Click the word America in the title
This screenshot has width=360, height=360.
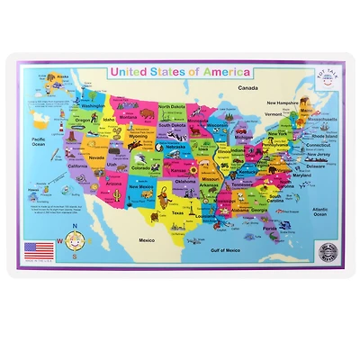224,72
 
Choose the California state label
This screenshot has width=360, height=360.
76,166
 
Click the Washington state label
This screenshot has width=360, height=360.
94,106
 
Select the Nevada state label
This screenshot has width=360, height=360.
96,156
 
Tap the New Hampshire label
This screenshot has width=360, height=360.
288,103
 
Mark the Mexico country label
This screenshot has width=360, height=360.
147,240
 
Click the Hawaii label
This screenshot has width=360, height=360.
35,190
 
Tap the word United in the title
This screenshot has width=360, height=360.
126,72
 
